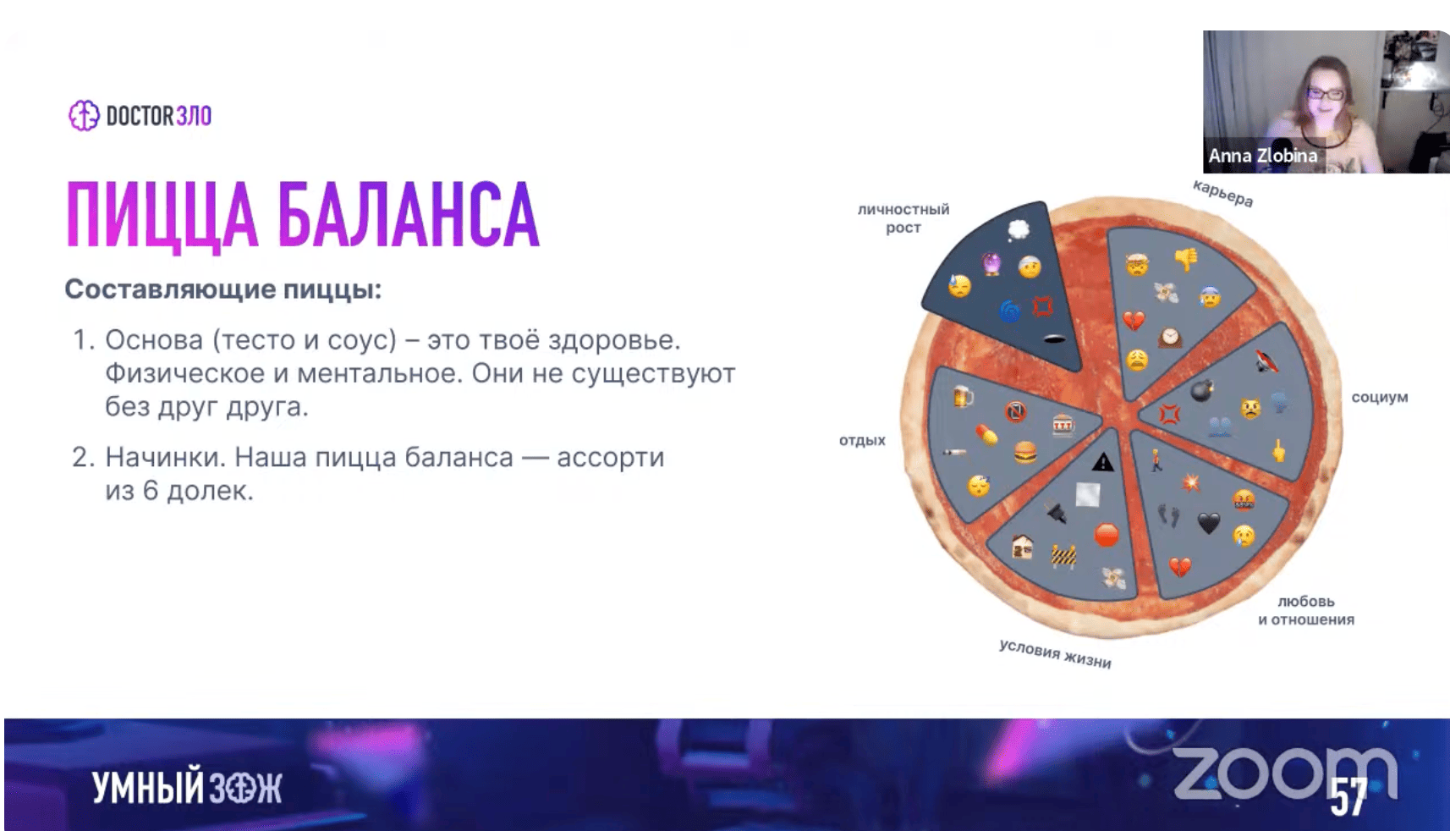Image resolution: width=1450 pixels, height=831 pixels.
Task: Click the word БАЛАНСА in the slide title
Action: (409, 215)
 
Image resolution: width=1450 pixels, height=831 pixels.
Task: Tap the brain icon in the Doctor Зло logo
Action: (84, 116)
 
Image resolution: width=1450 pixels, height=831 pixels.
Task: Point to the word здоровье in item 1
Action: (614, 340)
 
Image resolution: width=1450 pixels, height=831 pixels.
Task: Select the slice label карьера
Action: (1222, 193)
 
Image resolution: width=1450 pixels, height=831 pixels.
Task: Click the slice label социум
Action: (1380, 397)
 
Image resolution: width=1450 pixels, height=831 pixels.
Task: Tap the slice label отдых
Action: (862, 440)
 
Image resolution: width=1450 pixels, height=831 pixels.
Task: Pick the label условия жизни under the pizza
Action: (1055, 654)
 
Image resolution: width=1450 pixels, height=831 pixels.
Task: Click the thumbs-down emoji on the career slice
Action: (1187, 259)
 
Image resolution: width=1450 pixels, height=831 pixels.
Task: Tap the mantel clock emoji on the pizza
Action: (1170, 338)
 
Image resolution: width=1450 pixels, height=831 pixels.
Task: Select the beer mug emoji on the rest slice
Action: (964, 396)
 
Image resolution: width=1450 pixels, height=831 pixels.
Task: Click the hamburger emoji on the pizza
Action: (1024, 452)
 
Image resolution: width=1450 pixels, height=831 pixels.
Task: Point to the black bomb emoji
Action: (1201, 391)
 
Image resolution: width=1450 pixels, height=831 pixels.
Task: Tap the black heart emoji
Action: (1209, 522)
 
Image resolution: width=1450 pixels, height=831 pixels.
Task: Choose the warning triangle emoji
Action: (1102, 462)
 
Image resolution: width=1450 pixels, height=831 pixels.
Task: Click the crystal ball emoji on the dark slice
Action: (991, 264)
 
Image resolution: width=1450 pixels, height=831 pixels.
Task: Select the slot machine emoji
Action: (1063, 425)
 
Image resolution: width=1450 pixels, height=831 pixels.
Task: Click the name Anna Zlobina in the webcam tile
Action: (1263, 156)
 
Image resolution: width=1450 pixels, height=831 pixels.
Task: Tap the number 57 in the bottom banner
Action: (1348, 796)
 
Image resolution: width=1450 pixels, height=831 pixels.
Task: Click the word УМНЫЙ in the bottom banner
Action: (148, 788)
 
